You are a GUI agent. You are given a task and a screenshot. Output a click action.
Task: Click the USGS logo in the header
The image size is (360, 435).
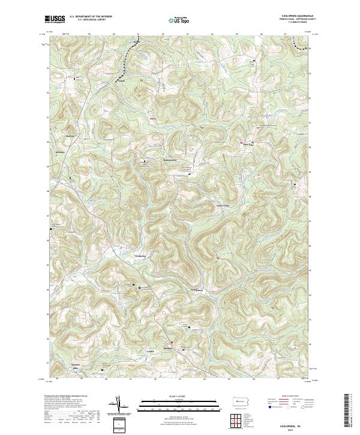(x=54, y=19)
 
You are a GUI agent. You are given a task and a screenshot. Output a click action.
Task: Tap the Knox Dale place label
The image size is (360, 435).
(x=246, y=144)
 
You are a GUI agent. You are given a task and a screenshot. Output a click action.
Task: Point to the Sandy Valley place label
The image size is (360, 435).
(x=223, y=205)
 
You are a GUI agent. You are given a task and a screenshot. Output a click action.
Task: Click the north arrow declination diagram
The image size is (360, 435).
(x=118, y=404)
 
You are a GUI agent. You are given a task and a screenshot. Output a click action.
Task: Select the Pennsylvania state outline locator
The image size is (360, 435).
(x=241, y=400)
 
